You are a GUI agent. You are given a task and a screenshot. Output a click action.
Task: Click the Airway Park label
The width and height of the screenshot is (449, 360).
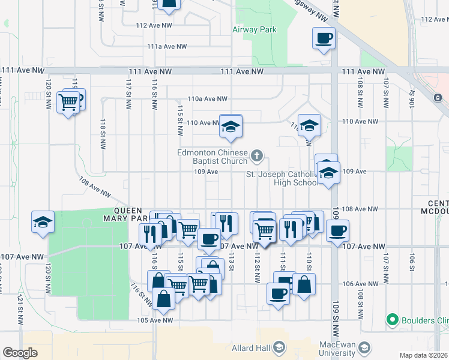(255, 29)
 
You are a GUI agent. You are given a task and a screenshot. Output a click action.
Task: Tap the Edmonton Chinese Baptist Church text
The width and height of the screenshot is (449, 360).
(212, 157)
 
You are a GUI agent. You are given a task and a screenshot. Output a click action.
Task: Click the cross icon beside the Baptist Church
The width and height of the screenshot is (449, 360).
(257, 157)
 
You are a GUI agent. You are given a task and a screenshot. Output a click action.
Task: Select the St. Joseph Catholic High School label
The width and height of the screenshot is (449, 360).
(282, 178)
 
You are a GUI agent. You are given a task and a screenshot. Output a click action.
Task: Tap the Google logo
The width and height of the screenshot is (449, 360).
(20, 353)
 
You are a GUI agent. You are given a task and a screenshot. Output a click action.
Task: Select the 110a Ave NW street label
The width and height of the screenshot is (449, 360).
(208, 99)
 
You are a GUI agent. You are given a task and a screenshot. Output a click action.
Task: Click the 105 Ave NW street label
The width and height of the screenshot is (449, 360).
(155, 320)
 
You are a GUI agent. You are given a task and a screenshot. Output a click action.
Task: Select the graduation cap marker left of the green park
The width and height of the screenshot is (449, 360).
(43, 222)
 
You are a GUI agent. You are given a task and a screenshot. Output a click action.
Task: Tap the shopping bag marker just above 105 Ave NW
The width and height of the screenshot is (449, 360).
(163, 298)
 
